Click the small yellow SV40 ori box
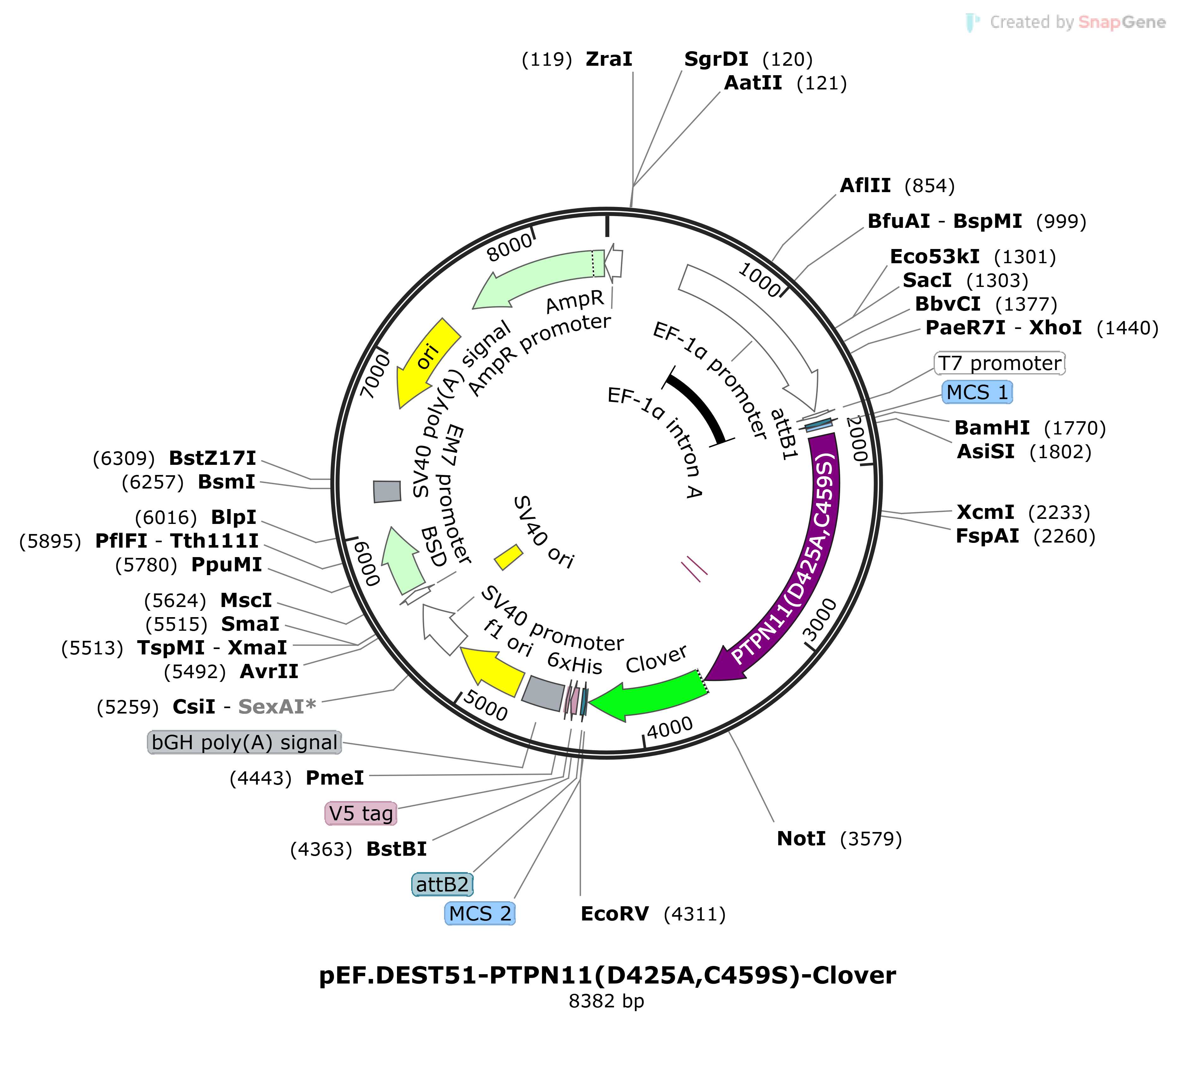pos(508,556)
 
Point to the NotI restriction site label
pos(801,838)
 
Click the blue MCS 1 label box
pos(977,392)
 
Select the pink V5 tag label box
pos(361,813)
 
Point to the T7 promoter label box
pos(1000,363)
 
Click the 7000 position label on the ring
pos(375,376)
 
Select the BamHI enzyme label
pos(992,428)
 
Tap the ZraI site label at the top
pos(609,59)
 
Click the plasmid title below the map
pos(607,975)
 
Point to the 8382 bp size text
pos(606,1001)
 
